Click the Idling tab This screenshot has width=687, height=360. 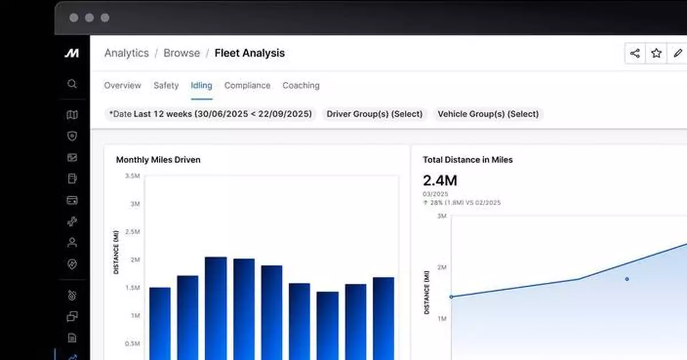point(201,85)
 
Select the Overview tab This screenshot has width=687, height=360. point(122,85)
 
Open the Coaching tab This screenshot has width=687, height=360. point(301,85)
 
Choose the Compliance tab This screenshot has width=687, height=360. point(247,85)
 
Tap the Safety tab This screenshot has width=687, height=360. point(166,85)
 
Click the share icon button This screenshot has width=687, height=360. point(634,53)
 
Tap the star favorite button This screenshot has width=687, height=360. point(656,53)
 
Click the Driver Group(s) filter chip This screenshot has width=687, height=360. point(374,114)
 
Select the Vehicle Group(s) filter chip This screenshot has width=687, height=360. point(488,114)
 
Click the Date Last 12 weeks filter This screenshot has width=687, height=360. point(211,114)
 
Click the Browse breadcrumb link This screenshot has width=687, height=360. point(181,53)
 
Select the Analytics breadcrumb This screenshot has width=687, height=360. point(126,53)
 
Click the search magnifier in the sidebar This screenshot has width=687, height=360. point(72,84)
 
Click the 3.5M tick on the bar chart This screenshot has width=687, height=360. point(132,176)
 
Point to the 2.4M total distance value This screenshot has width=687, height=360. point(440,181)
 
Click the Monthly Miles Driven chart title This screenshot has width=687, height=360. point(158,160)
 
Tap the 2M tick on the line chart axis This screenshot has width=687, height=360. point(441,267)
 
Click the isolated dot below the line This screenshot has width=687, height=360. point(627,279)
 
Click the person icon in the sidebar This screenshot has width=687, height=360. point(72,243)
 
